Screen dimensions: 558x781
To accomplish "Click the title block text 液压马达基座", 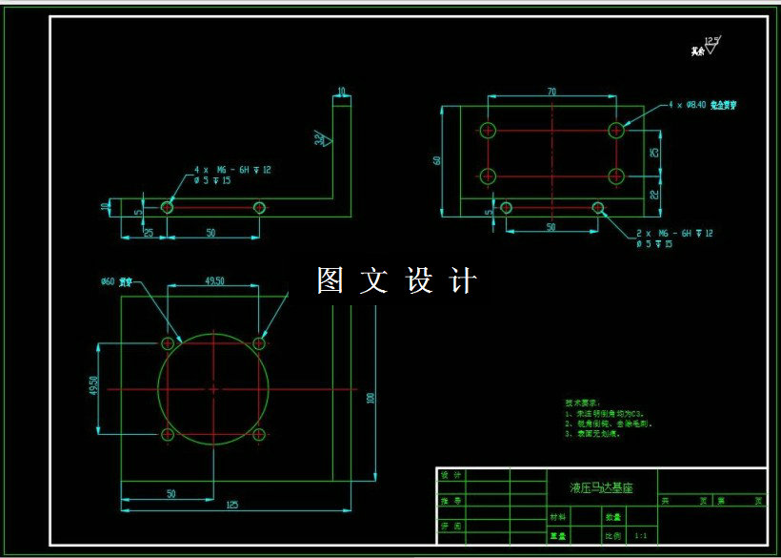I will coord(601,487).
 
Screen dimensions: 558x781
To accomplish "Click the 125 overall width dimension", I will coord(231,506).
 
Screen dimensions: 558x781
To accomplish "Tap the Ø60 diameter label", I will coord(107,282).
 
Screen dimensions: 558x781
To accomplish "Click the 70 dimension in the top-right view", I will coord(551,92).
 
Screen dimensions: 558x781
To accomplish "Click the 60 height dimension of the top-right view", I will coord(437,159).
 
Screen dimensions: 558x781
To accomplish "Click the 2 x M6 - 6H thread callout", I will coord(674,233).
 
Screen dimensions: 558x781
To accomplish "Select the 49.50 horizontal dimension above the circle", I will coord(214,281).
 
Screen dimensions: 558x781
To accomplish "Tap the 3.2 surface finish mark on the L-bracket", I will coord(320,139).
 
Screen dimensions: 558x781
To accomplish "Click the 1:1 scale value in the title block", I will coord(640,536).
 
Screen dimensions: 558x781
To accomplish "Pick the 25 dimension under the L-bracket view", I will coord(148,233).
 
